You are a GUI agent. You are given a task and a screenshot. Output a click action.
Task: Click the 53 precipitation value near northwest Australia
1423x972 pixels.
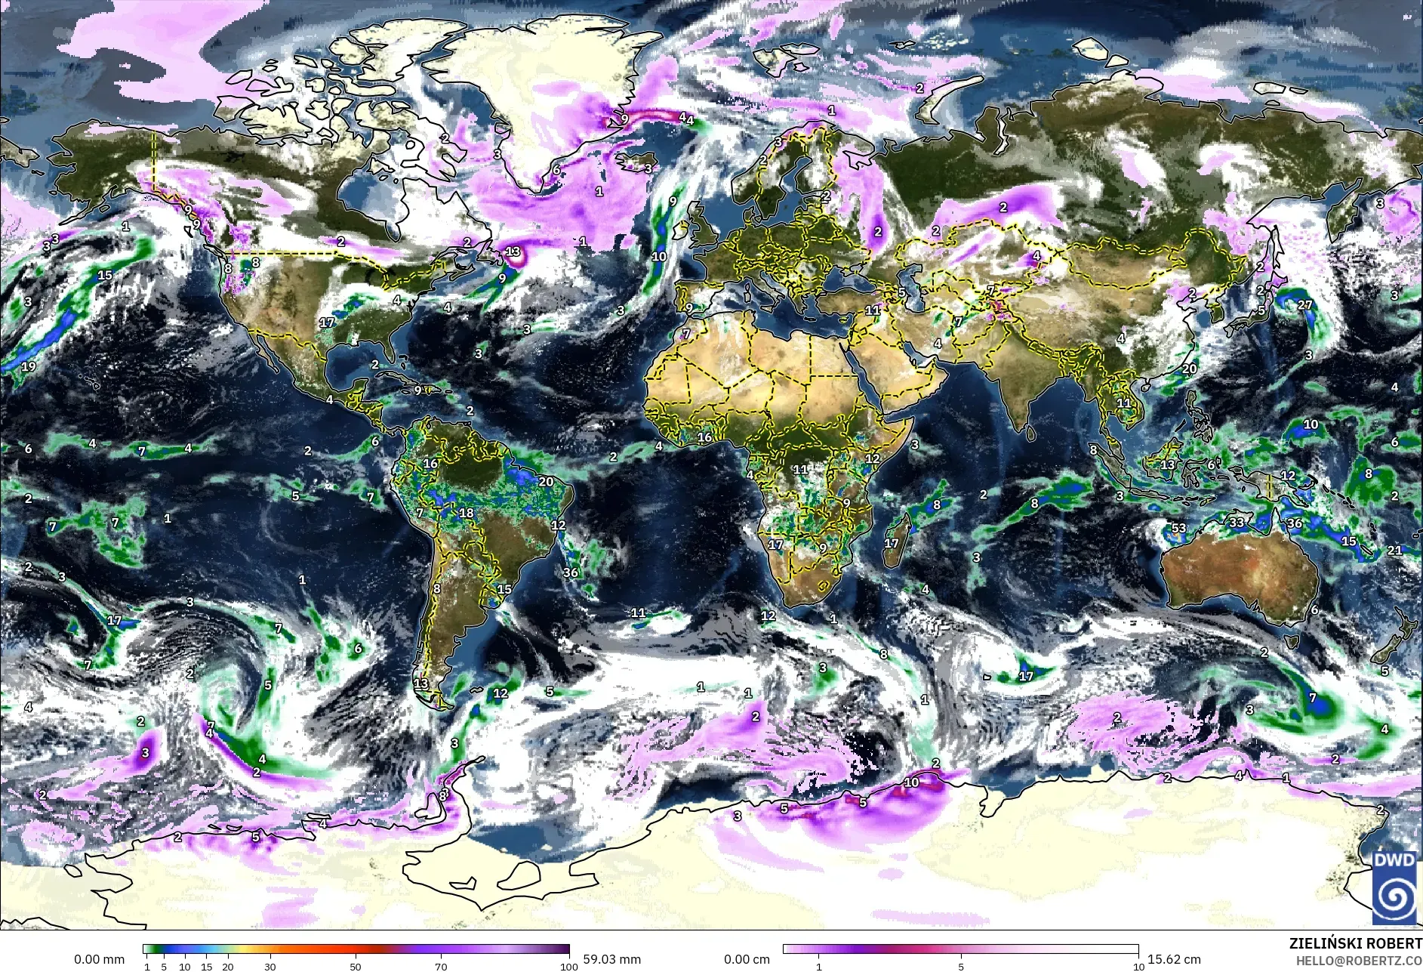(x=1178, y=528)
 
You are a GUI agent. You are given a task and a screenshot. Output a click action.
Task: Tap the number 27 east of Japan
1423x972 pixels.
(x=1305, y=305)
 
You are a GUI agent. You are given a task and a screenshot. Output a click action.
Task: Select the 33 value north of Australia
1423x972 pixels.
(x=1237, y=522)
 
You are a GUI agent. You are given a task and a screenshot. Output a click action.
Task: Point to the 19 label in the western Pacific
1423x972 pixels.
(x=29, y=367)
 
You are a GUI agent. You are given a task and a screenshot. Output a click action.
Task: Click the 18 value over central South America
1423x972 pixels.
(x=467, y=513)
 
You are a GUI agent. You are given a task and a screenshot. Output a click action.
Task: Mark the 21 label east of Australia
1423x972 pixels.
(x=1394, y=551)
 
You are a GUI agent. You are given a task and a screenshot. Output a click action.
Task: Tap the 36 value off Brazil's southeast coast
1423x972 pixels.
(x=571, y=572)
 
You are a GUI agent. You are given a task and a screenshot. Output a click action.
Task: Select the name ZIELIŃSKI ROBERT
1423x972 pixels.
(x=1357, y=944)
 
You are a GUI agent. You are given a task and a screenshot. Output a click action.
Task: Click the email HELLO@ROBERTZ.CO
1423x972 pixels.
(x=1359, y=961)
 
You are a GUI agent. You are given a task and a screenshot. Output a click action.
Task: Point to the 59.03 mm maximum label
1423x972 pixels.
(x=611, y=959)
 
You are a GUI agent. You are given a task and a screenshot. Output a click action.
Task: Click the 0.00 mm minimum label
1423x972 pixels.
(x=99, y=959)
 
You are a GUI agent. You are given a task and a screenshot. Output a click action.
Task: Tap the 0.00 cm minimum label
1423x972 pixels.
(x=747, y=959)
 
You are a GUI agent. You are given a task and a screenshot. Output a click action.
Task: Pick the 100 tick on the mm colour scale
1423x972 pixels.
(x=569, y=966)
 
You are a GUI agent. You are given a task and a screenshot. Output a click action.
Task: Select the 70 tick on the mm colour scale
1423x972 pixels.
(x=442, y=966)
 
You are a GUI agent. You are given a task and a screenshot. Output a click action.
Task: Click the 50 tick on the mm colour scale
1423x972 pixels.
(x=356, y=966)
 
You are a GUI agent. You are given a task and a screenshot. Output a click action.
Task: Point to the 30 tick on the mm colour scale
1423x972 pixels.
(x=270, y=966)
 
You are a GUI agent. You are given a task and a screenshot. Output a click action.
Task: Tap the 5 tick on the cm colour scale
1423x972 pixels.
(x=961, y=966)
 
